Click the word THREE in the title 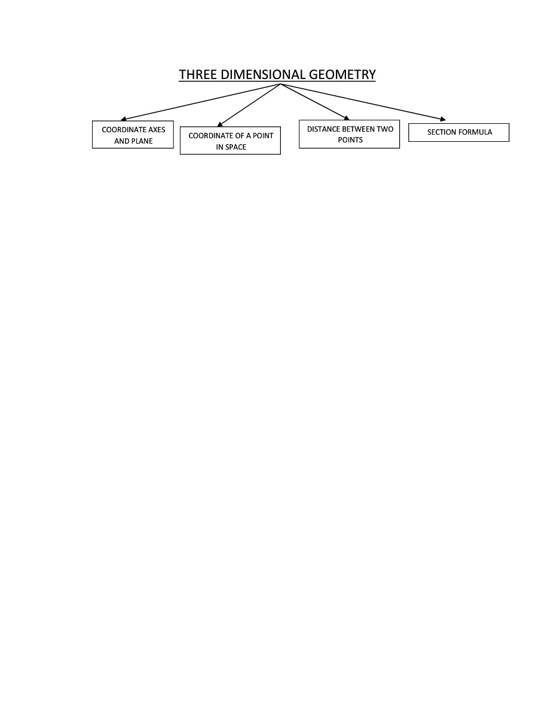point(198,75)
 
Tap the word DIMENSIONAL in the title point(263,75)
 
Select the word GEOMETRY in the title point(342,75)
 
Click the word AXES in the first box point(157,130)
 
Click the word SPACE point(236,147)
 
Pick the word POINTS point(350,140)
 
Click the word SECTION point(441,132)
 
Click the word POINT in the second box point(263,136)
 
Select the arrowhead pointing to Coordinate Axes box point(123,119)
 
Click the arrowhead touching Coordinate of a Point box point(220,124)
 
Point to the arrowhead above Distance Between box point(347,118)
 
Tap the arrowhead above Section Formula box point(443,119)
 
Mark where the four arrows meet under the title point(280,84)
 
